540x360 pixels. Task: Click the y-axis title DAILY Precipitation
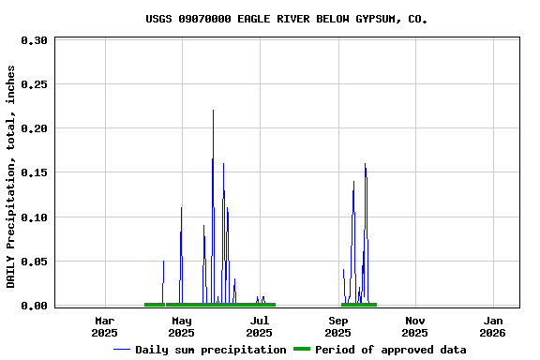(11, 176)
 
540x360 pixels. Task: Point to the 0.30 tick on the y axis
(34, 40)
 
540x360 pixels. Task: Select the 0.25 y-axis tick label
(34, 84)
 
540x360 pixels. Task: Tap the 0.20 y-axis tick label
(34, 128)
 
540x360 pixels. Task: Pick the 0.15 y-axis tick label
(34, 172)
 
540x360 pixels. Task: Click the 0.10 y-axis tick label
(34, 217)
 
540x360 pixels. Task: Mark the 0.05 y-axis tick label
(34, 262)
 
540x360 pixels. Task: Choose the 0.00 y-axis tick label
(34, 306)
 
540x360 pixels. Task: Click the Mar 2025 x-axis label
(104, 326)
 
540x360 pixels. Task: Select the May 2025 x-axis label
(182, 326)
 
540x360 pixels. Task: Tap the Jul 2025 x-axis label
(260, 326)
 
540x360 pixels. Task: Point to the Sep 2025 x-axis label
(337, 326)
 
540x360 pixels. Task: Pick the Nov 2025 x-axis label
(414, 326)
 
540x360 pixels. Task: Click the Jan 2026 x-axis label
(492, 326)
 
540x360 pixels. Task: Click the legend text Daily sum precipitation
(211, 350)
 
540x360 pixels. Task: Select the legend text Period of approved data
(390, 350)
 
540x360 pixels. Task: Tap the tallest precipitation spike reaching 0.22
(213, 112)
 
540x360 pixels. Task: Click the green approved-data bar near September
(359, 305)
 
